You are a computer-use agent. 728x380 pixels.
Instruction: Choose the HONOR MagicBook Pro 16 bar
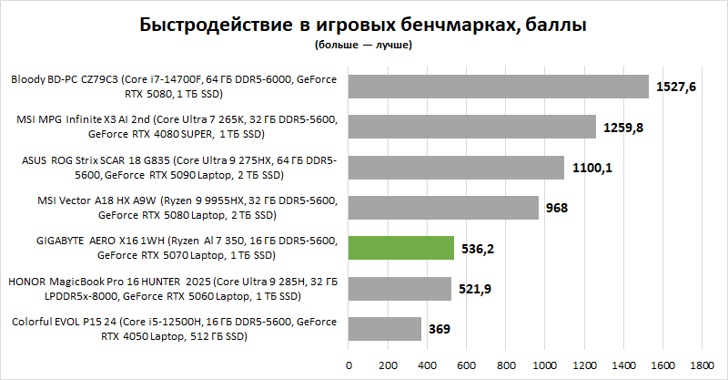point(399,288)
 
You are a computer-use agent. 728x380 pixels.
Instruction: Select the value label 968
point(557,208)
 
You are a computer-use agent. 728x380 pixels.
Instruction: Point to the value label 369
point(440,328)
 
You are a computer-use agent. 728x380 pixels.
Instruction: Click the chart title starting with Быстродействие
point(364,25)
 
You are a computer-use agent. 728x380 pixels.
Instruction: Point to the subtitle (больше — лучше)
point(364,44)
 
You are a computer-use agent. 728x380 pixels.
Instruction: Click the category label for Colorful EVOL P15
point(173,328)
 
